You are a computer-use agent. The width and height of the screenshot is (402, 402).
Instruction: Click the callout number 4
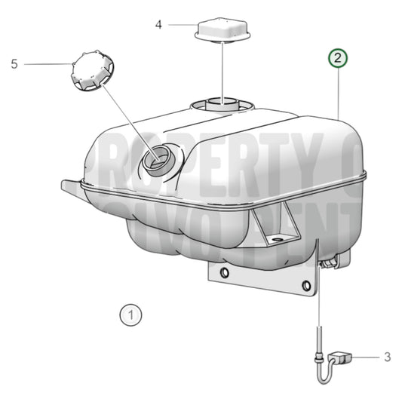(x=158, y=24)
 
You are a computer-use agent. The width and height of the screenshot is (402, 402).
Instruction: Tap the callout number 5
(x=14, y=64)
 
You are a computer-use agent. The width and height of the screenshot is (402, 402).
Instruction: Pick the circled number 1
(x=130, y=313)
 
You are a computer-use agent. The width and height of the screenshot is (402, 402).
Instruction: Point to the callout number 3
(x=388, y=356)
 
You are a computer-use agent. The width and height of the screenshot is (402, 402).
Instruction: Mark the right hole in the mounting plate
(x=305, y=285)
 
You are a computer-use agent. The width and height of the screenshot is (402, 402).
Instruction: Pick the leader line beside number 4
(x=182, y=25)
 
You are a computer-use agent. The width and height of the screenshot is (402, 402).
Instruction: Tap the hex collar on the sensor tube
(x=321, y=351)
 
